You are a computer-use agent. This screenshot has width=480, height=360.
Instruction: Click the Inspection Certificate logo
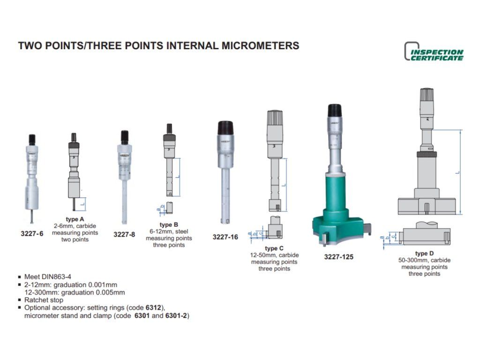(434, 52)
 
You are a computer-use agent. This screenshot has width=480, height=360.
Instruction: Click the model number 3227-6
(32, 234)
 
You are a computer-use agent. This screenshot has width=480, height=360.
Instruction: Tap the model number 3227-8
(124, 235)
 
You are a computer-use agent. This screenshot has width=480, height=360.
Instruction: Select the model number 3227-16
(225, 237)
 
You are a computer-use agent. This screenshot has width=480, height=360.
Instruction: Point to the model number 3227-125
(338, 257)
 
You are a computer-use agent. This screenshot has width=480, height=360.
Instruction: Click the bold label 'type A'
(75, 219)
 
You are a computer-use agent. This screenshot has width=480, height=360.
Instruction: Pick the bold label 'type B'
(169, 225)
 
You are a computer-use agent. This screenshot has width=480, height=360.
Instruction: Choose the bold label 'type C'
(274, 248)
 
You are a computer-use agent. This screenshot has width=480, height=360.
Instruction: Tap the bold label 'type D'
(424, 254)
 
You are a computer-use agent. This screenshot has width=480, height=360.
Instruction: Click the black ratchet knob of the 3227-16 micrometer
(225, 128)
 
